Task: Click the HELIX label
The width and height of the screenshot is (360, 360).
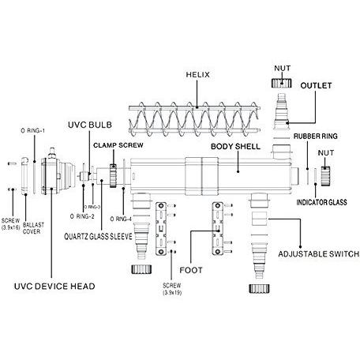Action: pos(198,75)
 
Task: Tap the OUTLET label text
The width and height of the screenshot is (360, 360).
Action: pos(316,85)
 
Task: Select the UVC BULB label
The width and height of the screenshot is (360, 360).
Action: pos(90,125)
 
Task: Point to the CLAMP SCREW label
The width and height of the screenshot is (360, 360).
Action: pos(118,145)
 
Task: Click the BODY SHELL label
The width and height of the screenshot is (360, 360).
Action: pos(235,147)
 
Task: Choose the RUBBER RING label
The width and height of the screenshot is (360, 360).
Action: pos(316,137)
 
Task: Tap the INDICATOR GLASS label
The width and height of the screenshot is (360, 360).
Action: pos(322,202)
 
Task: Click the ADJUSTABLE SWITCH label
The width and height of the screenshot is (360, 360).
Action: pos(319,254)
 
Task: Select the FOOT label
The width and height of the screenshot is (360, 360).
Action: pos(191,270)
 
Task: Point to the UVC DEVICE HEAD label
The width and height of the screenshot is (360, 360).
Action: pos(54,287)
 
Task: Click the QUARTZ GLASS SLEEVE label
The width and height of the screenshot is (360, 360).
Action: pos(98,237)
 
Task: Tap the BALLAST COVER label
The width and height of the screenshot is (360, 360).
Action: pos(33,228)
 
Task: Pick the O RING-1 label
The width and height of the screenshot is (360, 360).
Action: pos(33,130)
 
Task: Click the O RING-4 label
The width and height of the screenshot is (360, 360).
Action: pos(121,219)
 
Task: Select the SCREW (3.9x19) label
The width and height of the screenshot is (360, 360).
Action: pos(172,289)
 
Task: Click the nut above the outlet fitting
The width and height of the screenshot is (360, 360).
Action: pos(282,84)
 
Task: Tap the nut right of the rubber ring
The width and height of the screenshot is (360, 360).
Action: pos(325,176)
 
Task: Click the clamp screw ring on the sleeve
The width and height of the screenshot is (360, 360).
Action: pos(113,176)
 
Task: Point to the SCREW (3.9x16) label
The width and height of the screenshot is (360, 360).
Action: pos(10,224)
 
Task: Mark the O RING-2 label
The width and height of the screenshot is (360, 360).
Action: pos(82,216)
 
